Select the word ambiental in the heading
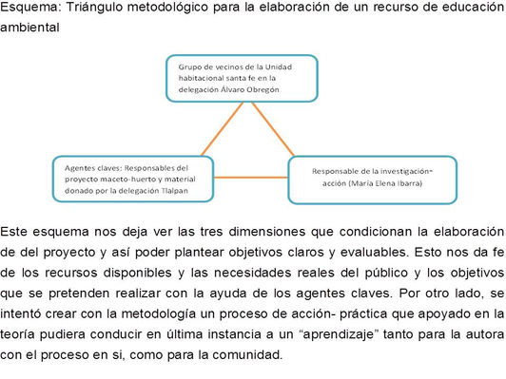pyautogui.click(x=29, y=28)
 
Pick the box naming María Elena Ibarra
pyautogui.click(x=372, y=178)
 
